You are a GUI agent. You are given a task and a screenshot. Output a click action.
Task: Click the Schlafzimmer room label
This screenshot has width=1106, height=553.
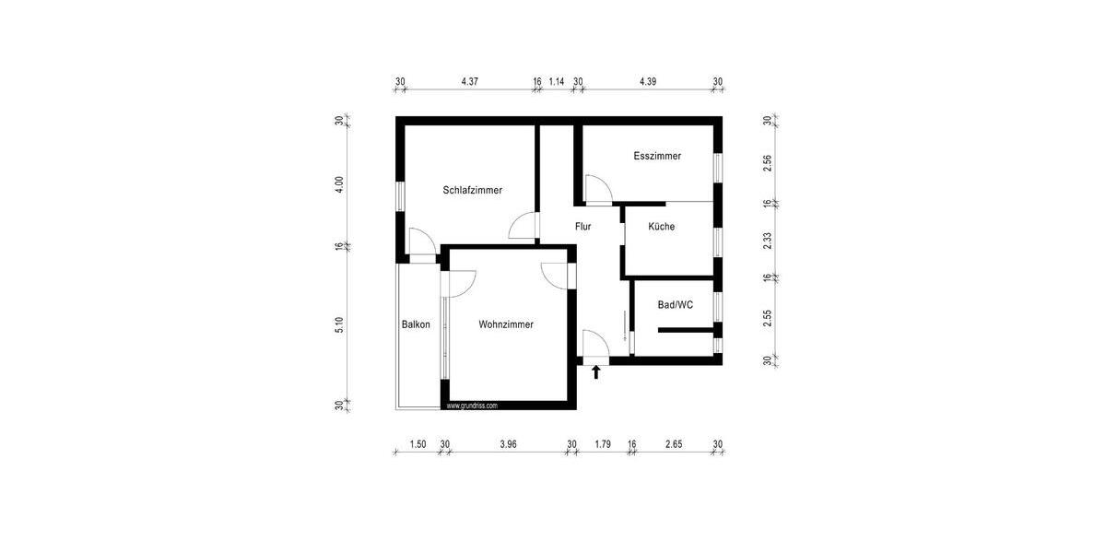click(x=472, y=191)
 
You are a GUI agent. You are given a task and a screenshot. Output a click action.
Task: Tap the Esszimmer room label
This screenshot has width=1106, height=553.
click(x=657, y=157)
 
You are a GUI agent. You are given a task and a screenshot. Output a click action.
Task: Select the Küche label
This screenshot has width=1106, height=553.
click(x=661, y=227)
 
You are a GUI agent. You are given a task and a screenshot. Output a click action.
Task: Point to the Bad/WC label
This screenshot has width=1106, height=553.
click(x=676, y=304)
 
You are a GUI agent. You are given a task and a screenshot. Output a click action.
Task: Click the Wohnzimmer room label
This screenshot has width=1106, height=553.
click(x=506, y=324)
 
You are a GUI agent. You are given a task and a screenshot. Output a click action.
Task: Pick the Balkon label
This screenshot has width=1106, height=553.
click(x=416, y=324)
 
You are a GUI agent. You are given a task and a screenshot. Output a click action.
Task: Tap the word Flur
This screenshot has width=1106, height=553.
click(x=582, y=226)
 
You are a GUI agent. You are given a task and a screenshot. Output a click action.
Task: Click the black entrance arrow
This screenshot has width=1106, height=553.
click(x=596, y=371)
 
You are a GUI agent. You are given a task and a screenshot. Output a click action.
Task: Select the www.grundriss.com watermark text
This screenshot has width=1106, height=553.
click(x=472, y=406)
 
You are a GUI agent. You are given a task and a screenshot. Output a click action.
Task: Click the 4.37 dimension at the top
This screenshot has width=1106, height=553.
click(x=470, y=82)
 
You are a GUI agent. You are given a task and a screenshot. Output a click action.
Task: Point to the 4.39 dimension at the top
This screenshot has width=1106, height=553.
click(x=648, y=82)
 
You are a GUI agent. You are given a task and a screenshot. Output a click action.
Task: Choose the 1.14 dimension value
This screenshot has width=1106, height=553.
click(x=557, y=82)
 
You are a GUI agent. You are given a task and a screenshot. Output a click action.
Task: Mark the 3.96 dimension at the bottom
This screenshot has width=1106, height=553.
click(x=508, y=444)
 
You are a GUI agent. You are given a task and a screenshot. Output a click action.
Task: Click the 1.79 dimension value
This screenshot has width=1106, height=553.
click(x=603, y=444)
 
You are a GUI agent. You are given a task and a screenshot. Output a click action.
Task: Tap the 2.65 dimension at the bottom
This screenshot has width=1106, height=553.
click(x=674, y=444)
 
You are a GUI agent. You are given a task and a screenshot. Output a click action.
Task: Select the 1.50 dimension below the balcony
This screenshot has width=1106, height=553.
click(x=418, y=444)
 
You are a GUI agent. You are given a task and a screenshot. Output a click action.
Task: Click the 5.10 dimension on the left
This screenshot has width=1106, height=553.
click(x=339, y=325)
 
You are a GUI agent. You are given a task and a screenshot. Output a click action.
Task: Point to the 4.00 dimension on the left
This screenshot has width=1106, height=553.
click(x=339, y=183)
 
